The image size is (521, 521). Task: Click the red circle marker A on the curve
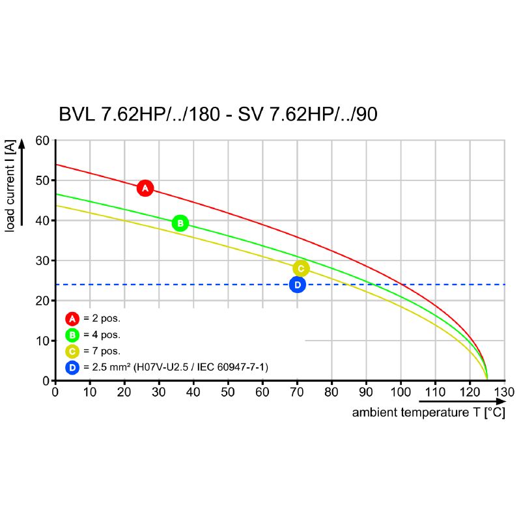pyautogui.click(x=145, y=188)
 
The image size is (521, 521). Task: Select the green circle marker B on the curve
pyautogui.click(x=180, y=223)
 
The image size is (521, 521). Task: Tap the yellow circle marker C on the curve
pyautogui.click(x=300, y=268)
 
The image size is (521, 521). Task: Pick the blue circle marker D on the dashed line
pyautogui.click(x=297, y=285)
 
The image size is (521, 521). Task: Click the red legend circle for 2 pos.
pyautogui.click(x=72, y=319)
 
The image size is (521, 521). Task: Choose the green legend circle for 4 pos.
pyautogui.click(x=72, y=335)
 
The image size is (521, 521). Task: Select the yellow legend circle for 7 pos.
pyautogui.click(x=72, y=352)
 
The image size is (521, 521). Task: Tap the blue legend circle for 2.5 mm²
pyautogui.click(x=72, y=368)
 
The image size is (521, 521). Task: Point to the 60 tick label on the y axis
pyautogui.click(x=42, y=141)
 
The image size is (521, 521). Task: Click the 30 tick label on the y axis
pyautogui.click(x=42, y=260)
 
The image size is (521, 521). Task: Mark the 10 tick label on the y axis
pyautogui.click(x=42, y=341)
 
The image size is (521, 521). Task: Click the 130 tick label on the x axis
pyautogui.click(x=504, y=393)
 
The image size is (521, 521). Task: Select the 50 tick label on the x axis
pyautogui.click(x=228, y=393)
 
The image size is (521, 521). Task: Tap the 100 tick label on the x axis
pyautogui.click(x=401, y=393)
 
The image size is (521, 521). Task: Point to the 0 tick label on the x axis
pyautogui.click(x=55, y=393)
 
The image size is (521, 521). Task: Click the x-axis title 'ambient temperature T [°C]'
pyautogui.click(x=428, y=413)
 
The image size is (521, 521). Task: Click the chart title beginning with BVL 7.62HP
pyautogui.click(x=218, y=115)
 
